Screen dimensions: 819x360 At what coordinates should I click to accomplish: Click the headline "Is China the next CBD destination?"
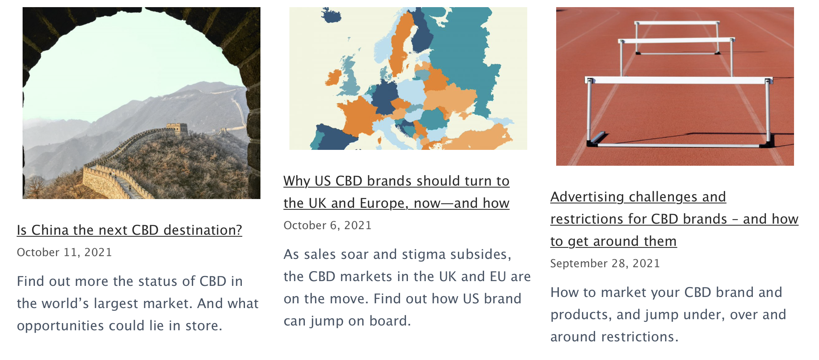tap(129, 230)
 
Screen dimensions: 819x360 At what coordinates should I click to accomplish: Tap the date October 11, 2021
tap(64, 252)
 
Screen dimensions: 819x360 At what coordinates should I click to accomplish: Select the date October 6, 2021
tap(327, 225)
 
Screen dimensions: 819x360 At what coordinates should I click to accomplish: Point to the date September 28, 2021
tap(605, 263)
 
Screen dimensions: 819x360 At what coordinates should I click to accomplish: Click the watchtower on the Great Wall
tap(176, 128)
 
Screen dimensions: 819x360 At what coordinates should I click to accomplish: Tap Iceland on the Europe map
tap(331, 15)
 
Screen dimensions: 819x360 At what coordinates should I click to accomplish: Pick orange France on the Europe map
tap(359, 117)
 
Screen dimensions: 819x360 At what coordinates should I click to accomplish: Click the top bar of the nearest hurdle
tap(679, 80)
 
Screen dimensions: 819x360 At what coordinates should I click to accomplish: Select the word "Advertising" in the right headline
tap(587, 197)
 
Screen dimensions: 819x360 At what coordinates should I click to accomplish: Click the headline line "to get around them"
tap(614, 241)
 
